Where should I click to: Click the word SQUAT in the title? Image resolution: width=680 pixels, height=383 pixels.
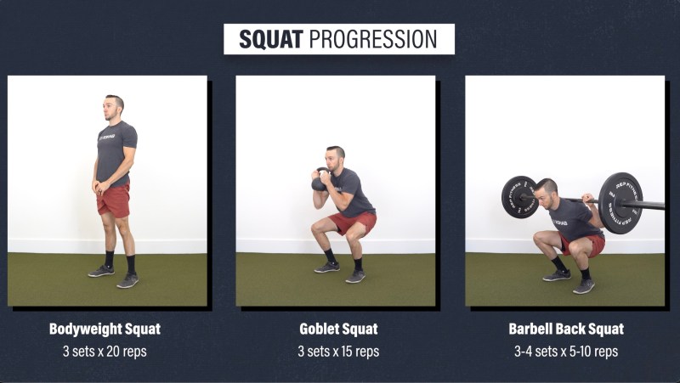pyautogui.click(x=271, y=39)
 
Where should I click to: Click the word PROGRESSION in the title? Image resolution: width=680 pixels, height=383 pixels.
pyautogui.click(x=373, y=39)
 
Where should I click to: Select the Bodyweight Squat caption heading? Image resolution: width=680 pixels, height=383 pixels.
pyautogui.click(x=105, y=329)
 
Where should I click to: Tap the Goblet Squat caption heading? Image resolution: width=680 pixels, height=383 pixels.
pyautogui.click(x=338, y=329)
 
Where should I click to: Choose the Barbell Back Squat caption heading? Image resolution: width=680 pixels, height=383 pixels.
pyautogui.click(x=566, y=329)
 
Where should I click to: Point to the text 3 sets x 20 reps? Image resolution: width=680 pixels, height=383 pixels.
pyautogui.click(x=105, y=351)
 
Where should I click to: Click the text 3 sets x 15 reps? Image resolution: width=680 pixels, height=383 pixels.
pyautogui.click(x=338, y=351)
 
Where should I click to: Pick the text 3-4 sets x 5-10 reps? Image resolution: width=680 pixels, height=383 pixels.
pyautogui.click(x=566, y=351)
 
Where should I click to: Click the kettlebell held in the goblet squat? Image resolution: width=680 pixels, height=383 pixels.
pyautogui.click(x=320, y=179)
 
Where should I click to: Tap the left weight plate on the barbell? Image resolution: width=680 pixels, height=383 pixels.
pyautogui.click(x=520, y=197)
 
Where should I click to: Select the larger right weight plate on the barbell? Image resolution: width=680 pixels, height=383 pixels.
pyautogui.click(x=620, y=203)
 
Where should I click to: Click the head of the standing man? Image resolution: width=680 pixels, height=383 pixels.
pyautogui.click(x=113, y=109)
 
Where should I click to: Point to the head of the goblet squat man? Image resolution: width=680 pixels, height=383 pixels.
pyautogui.click(x=335, y=159)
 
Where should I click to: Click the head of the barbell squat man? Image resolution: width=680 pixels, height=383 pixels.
pyautogui.click(x=546, y=192)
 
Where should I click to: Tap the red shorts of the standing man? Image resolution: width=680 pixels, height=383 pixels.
pyautogui.click(x=114, y=200)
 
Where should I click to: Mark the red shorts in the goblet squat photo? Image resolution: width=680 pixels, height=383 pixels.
pyautogui.click(x=352, y=222)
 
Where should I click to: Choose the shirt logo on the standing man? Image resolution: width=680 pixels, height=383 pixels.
pyautogui.click(x=107, y=138)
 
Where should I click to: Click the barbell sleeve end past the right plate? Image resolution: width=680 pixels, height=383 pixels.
pyautogui.click(x=653, y=206)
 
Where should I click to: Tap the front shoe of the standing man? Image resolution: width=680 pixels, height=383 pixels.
pyautogui.click(x=127, y=281)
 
